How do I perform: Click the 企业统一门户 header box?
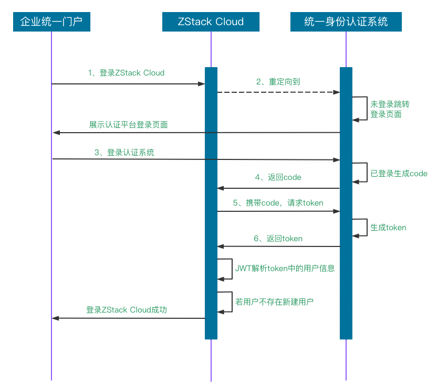[51, 21]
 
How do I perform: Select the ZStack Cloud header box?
[211, 21]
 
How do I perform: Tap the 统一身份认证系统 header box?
[346, 21]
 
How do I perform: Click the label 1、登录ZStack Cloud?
[126, 73]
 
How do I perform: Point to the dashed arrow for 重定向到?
[278, 92]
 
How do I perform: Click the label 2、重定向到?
[278, 82]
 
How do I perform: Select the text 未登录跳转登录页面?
[386, 109]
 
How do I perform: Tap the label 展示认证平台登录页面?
[129, 125]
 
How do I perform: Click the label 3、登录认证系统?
[124, 153]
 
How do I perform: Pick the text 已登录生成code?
[399, 174]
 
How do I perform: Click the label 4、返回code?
[278, 177]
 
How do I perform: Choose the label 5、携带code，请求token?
[278, 202]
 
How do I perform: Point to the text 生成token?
[388, 228]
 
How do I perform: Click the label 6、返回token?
[278, 238]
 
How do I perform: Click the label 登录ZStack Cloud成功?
[127, 309]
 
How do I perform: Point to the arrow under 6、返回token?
[278, 246]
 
